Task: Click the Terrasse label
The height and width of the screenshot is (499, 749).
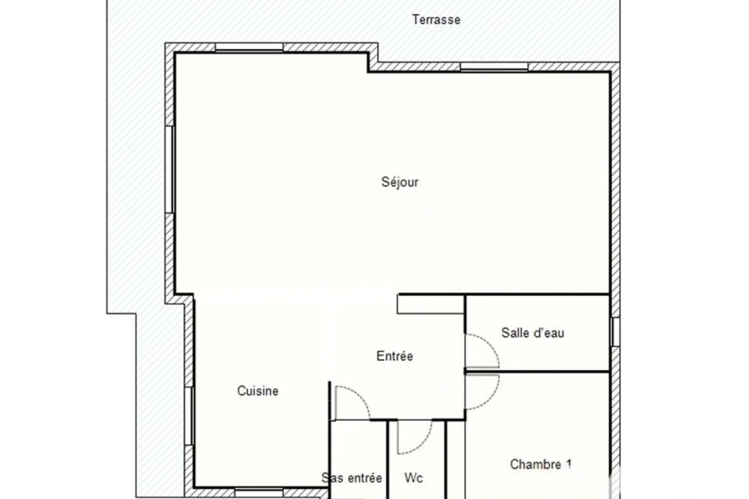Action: [x=436, y=20]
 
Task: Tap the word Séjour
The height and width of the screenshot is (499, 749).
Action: [x=399, y=182]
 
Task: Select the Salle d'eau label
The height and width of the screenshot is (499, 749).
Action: [x=533, y=333]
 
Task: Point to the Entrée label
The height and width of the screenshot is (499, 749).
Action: [x=394, y=356]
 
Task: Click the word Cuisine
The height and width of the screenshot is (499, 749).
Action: [x=258, y=391]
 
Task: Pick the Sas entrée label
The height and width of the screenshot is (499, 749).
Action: [x=351, y=478]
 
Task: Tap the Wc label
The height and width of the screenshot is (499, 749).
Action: [x=414, y=478]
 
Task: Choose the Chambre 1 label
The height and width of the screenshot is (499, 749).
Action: [x=541, y=464]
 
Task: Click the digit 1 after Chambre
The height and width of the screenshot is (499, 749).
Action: [x=568, y=464]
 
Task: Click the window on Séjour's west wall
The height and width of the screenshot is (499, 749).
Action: [x=170, y=169]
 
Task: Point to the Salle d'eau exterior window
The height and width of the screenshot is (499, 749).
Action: [x=615, y=331]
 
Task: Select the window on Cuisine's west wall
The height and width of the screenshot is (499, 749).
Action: [x=189, y=416]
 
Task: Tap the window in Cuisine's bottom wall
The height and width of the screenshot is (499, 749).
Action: [x=259, y=492]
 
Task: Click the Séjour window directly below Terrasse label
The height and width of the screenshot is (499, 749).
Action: [x=494, y=67]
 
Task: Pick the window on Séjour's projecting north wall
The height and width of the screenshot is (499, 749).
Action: [x=250, y=47]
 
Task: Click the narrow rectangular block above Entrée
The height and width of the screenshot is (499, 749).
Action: [x=431, y=304]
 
